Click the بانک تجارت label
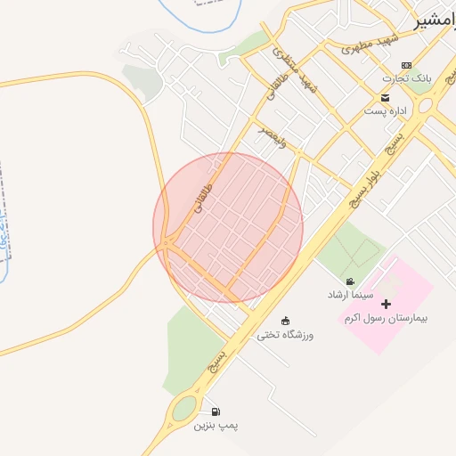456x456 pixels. coord(415,78)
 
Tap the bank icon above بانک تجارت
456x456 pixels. coord(407,65)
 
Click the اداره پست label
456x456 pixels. coord(385,111)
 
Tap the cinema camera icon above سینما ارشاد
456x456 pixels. coord(350,281)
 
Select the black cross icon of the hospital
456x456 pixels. coord(386,305)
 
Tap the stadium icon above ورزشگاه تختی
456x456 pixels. coord(285,321)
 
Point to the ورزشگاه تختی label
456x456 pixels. coord(284,335)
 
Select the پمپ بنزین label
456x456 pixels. coord(214,426)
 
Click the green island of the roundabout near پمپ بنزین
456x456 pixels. coord(184,409)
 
